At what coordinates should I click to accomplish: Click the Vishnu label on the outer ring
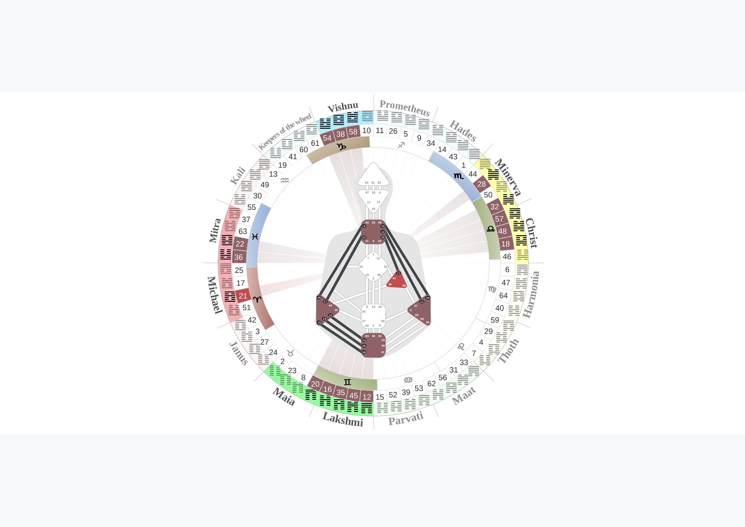(343, 107)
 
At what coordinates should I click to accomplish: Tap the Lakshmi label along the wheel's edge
(343, 419)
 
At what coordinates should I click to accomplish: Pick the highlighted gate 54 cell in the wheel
(327, 138)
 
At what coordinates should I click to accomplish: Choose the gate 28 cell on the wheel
(482, 184)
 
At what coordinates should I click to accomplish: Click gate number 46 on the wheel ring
(507, 256)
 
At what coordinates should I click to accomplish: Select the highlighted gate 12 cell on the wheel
(367, 396)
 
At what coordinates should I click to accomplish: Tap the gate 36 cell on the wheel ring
(238, 257)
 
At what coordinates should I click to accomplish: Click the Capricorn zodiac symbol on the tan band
(341, 147)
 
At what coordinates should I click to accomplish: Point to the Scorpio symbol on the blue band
(459, 176)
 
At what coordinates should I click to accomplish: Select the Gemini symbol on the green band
(347, 382)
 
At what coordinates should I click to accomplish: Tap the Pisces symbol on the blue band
(255, 237)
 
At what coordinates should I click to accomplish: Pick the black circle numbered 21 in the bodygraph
(398, 273)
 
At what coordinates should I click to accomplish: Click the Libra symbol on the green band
(491, 229)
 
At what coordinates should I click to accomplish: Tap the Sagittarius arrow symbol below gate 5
(401, 145)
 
